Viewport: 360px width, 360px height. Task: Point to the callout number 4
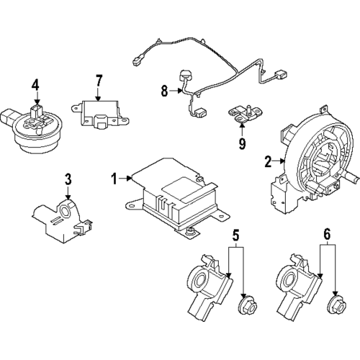point(35,89)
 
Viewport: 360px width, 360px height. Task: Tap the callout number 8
point(164,91)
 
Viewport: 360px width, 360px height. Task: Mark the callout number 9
point(243,143)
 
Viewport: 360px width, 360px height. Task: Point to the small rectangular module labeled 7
point(102,112)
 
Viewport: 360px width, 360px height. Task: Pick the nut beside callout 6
point(336,307)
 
